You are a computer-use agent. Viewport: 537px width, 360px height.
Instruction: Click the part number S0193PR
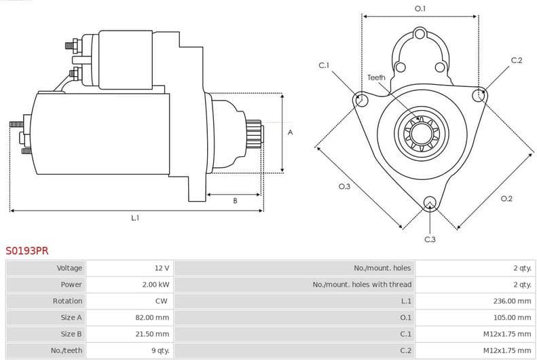(x=27, y=251)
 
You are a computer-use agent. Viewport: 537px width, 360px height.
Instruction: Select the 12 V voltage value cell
(x=162, y=268)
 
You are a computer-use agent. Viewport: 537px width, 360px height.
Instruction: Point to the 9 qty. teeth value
(x=160, y=350)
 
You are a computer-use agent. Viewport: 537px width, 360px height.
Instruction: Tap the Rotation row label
(x=68, y=301)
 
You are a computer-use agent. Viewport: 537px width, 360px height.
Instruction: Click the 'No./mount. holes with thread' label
(x=362, y=285)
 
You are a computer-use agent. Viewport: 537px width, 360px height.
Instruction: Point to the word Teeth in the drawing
(x=376, y=77)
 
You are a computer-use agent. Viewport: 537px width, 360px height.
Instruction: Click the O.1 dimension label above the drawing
(x=420, y=9)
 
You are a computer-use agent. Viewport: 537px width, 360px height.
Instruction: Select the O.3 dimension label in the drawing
(x=344, y=186)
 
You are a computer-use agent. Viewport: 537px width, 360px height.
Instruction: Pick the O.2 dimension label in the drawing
(x=506, y=198)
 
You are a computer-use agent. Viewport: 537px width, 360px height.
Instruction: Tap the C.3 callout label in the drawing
(x=430, y=239)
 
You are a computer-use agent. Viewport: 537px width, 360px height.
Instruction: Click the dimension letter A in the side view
(x=291, y=132)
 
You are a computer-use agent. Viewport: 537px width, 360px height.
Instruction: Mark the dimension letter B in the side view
(x=235, y=200)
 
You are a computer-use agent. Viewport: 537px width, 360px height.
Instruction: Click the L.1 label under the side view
(x=135, y=218)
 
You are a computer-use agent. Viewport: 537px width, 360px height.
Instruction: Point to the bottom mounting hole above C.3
(x=430, y=203)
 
